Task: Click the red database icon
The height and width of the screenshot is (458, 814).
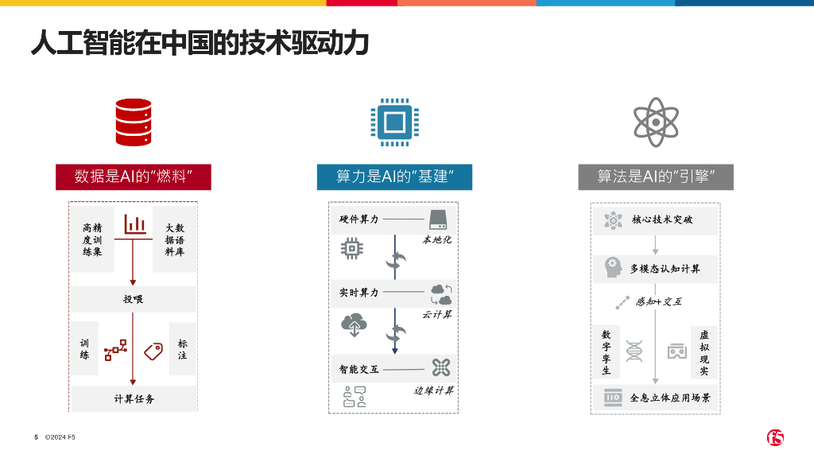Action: click(x=133, y=122)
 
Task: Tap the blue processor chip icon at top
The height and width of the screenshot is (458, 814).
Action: click(x=394, y=122)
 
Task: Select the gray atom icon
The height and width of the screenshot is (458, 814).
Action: click(x=656, y=122)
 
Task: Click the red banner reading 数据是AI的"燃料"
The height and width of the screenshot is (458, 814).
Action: click(x=133, y=177)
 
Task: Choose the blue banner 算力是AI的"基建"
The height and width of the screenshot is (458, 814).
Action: click(x=394, y=177)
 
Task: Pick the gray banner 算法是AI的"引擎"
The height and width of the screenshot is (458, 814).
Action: click(x=656, y=177)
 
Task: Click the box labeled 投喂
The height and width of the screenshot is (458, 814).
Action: click(x=133, y=299)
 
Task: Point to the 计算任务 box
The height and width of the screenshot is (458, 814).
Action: click(x=134, y=398)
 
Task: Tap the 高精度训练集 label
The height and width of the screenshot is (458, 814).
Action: click(x=92, y=239)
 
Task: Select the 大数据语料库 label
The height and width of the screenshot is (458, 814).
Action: click(x=174, y=239)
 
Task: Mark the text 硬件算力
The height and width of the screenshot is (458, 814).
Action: click(x=359, y=219)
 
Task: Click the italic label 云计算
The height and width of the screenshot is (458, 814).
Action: click(x=437, y=315)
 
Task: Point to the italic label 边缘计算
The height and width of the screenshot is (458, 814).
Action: click(x=434, y=390)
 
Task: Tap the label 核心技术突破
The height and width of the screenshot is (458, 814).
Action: click(x=662, y=219)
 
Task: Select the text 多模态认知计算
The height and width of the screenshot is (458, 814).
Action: click(x=665, y=269)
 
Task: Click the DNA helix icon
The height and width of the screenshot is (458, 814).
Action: click(x=634, y=351)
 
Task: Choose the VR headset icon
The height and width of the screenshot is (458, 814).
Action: click(x=676, y=351)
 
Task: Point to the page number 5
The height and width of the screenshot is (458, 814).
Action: click(x=36, y=437)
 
